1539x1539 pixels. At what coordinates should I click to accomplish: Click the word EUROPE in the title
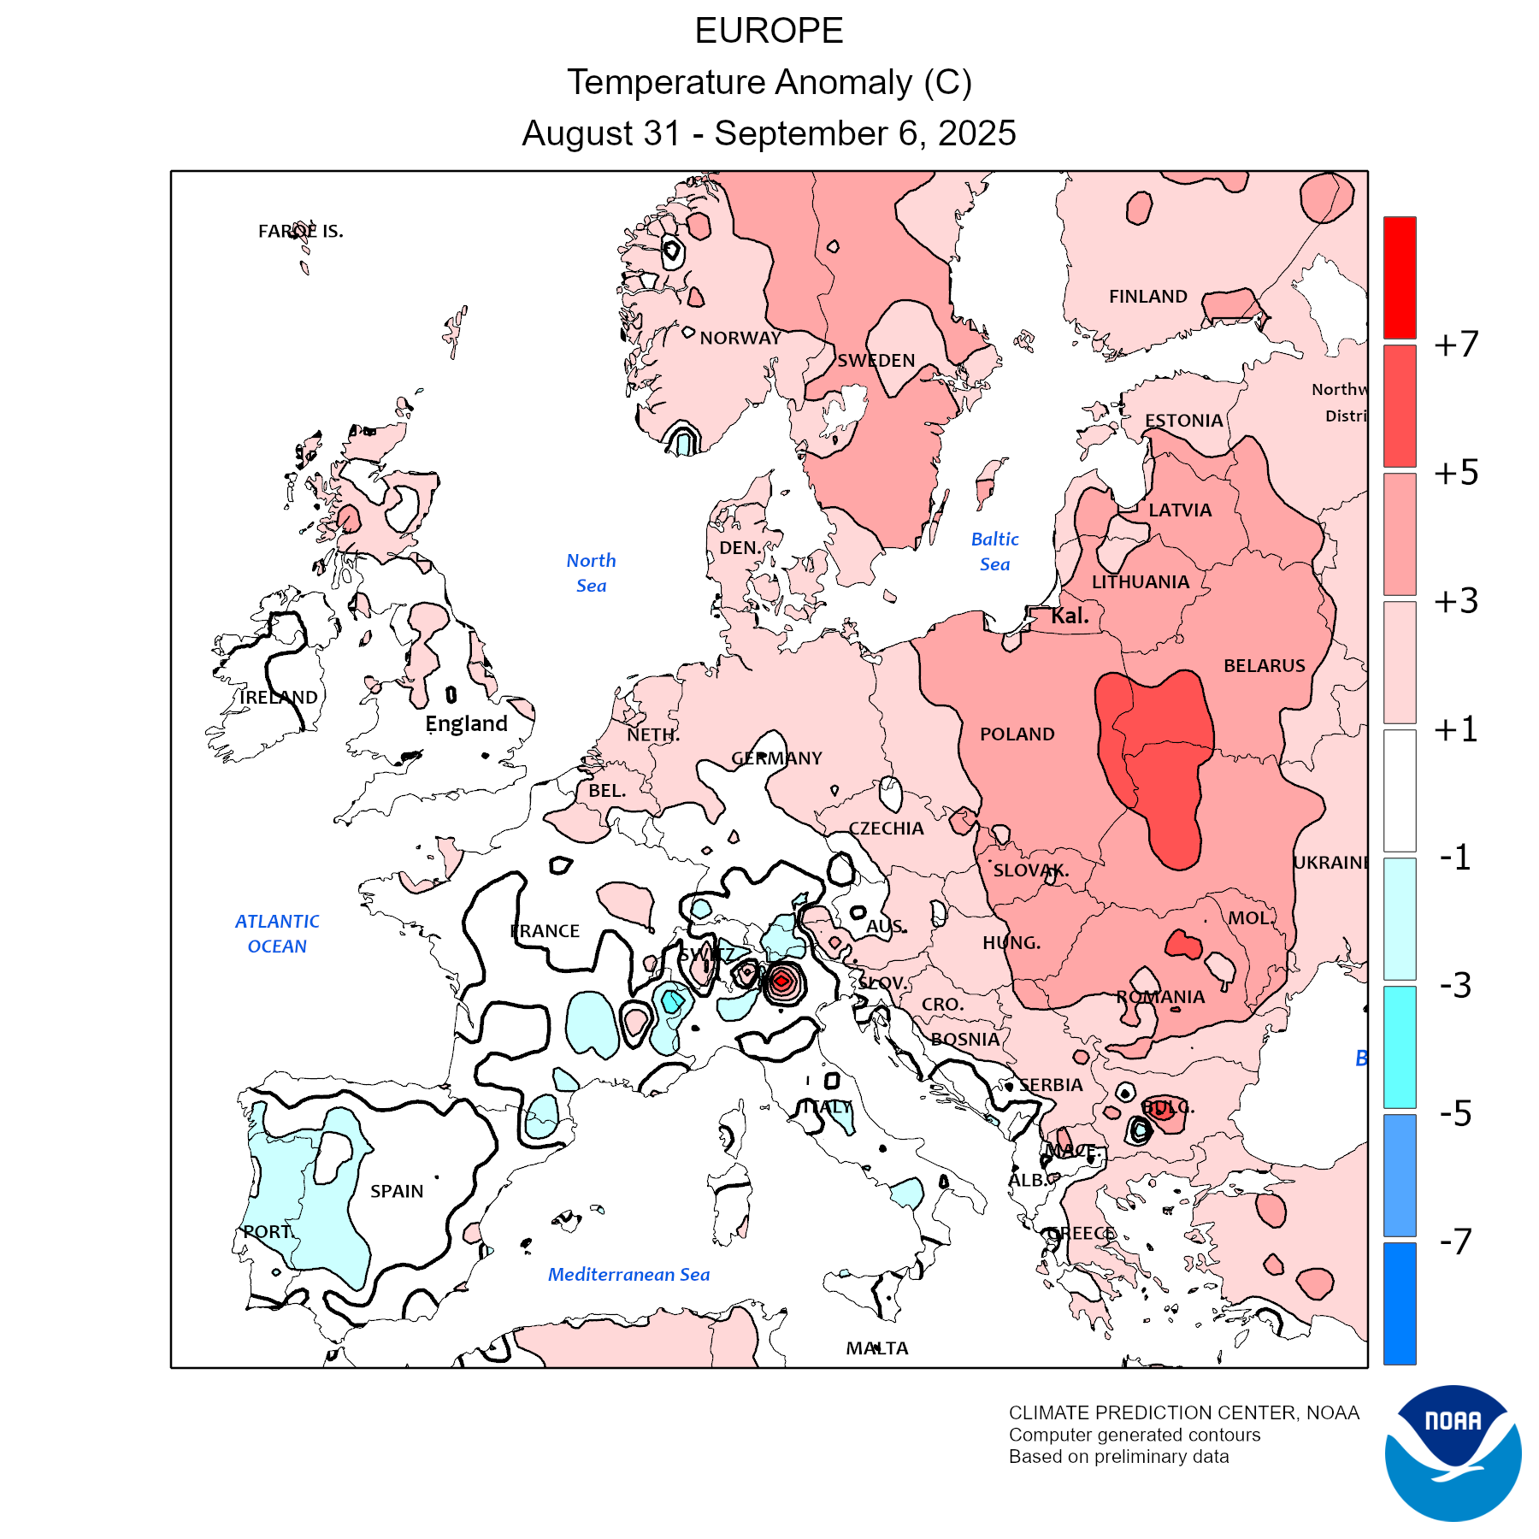tap(769, 32)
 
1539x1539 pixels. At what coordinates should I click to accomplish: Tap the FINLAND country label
tap(1147, 297)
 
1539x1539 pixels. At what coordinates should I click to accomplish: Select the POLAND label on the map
tap(1017, 734)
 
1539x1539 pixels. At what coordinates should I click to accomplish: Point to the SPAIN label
tap(397, 1191)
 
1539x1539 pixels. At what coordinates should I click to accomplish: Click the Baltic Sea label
tap(994, 551)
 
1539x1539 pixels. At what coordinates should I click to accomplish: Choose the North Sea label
tap(591, 573)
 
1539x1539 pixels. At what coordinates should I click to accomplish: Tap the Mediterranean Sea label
tap(628, 1275)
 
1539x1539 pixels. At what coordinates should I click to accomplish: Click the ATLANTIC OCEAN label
tap(277, 934)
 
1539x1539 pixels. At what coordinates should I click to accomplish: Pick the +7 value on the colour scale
tap(1456, 345)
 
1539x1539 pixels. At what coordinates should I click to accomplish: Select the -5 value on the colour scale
tap(1455, 1113)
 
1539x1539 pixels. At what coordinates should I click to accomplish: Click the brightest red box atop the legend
tap(1400, 277)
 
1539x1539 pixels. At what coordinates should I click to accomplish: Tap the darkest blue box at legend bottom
tap(1400, 1303)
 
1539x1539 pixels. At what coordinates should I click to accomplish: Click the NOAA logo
tap(1453, 1453)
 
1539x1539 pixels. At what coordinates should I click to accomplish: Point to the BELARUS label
tap(1264, 666)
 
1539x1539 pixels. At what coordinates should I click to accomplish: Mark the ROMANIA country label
tap(1160, 997)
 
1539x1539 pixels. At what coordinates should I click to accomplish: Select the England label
tap(466, 724)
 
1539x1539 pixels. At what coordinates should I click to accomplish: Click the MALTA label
tap(877, 1348)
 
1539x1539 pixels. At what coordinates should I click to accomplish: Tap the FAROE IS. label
tap(300, 231)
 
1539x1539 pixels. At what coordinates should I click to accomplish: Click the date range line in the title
tap(769, 133)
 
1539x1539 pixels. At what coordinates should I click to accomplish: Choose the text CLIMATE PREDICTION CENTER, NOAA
tap(1183, 1413)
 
